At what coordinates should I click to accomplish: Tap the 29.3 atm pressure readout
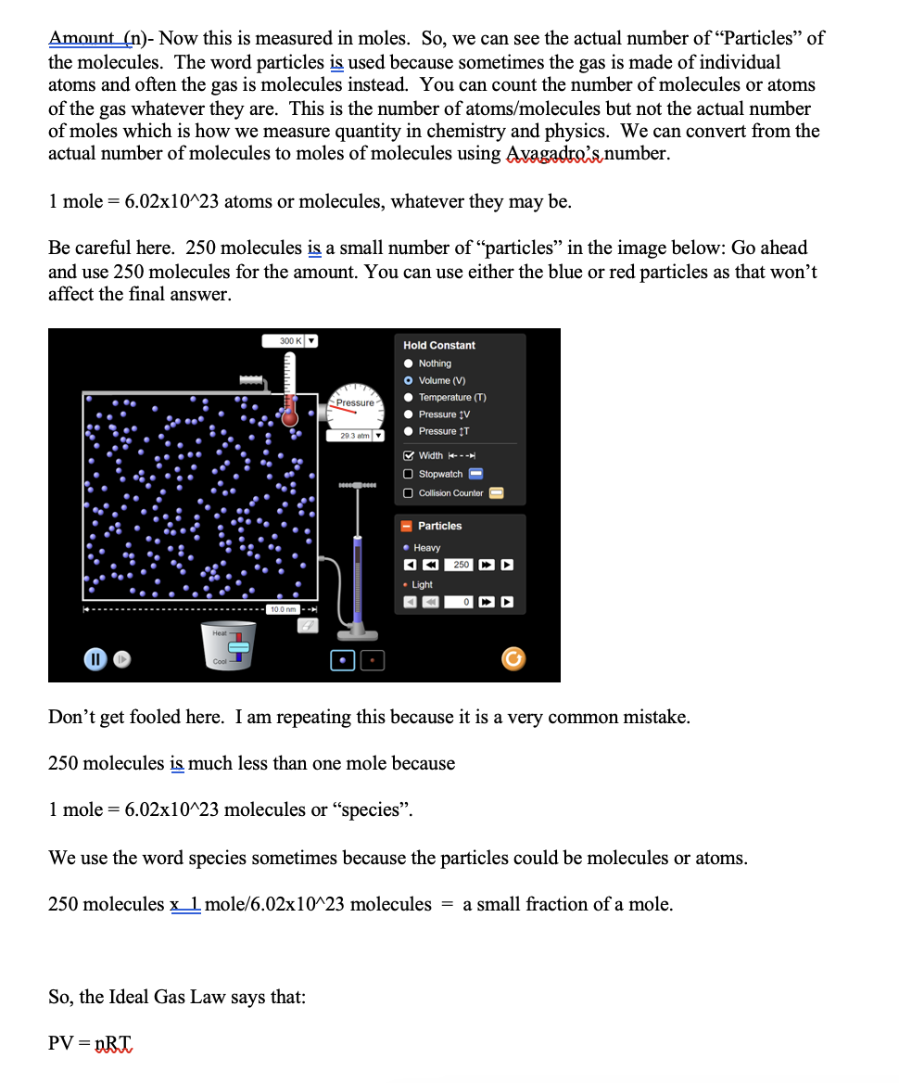tap(354, 436)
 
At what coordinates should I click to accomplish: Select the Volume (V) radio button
tap(409, 380)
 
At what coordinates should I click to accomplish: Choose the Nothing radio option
tap(409, 363)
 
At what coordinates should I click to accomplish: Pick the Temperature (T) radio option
tap(409, 397)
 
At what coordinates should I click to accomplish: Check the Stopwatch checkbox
tap(409, 474)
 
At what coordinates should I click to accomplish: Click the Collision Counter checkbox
tap(409, 493)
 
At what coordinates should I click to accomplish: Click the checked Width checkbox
tap(409, 455)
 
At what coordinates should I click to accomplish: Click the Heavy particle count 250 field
tap(462, 565)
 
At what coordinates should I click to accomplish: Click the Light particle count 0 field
tap(462, 603)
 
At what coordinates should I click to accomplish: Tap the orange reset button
tap(513, 659)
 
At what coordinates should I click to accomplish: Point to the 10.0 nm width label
tap(282, 609)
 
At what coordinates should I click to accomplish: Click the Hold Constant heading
tap(439, 345)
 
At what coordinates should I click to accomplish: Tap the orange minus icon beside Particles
tap(406, 526)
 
